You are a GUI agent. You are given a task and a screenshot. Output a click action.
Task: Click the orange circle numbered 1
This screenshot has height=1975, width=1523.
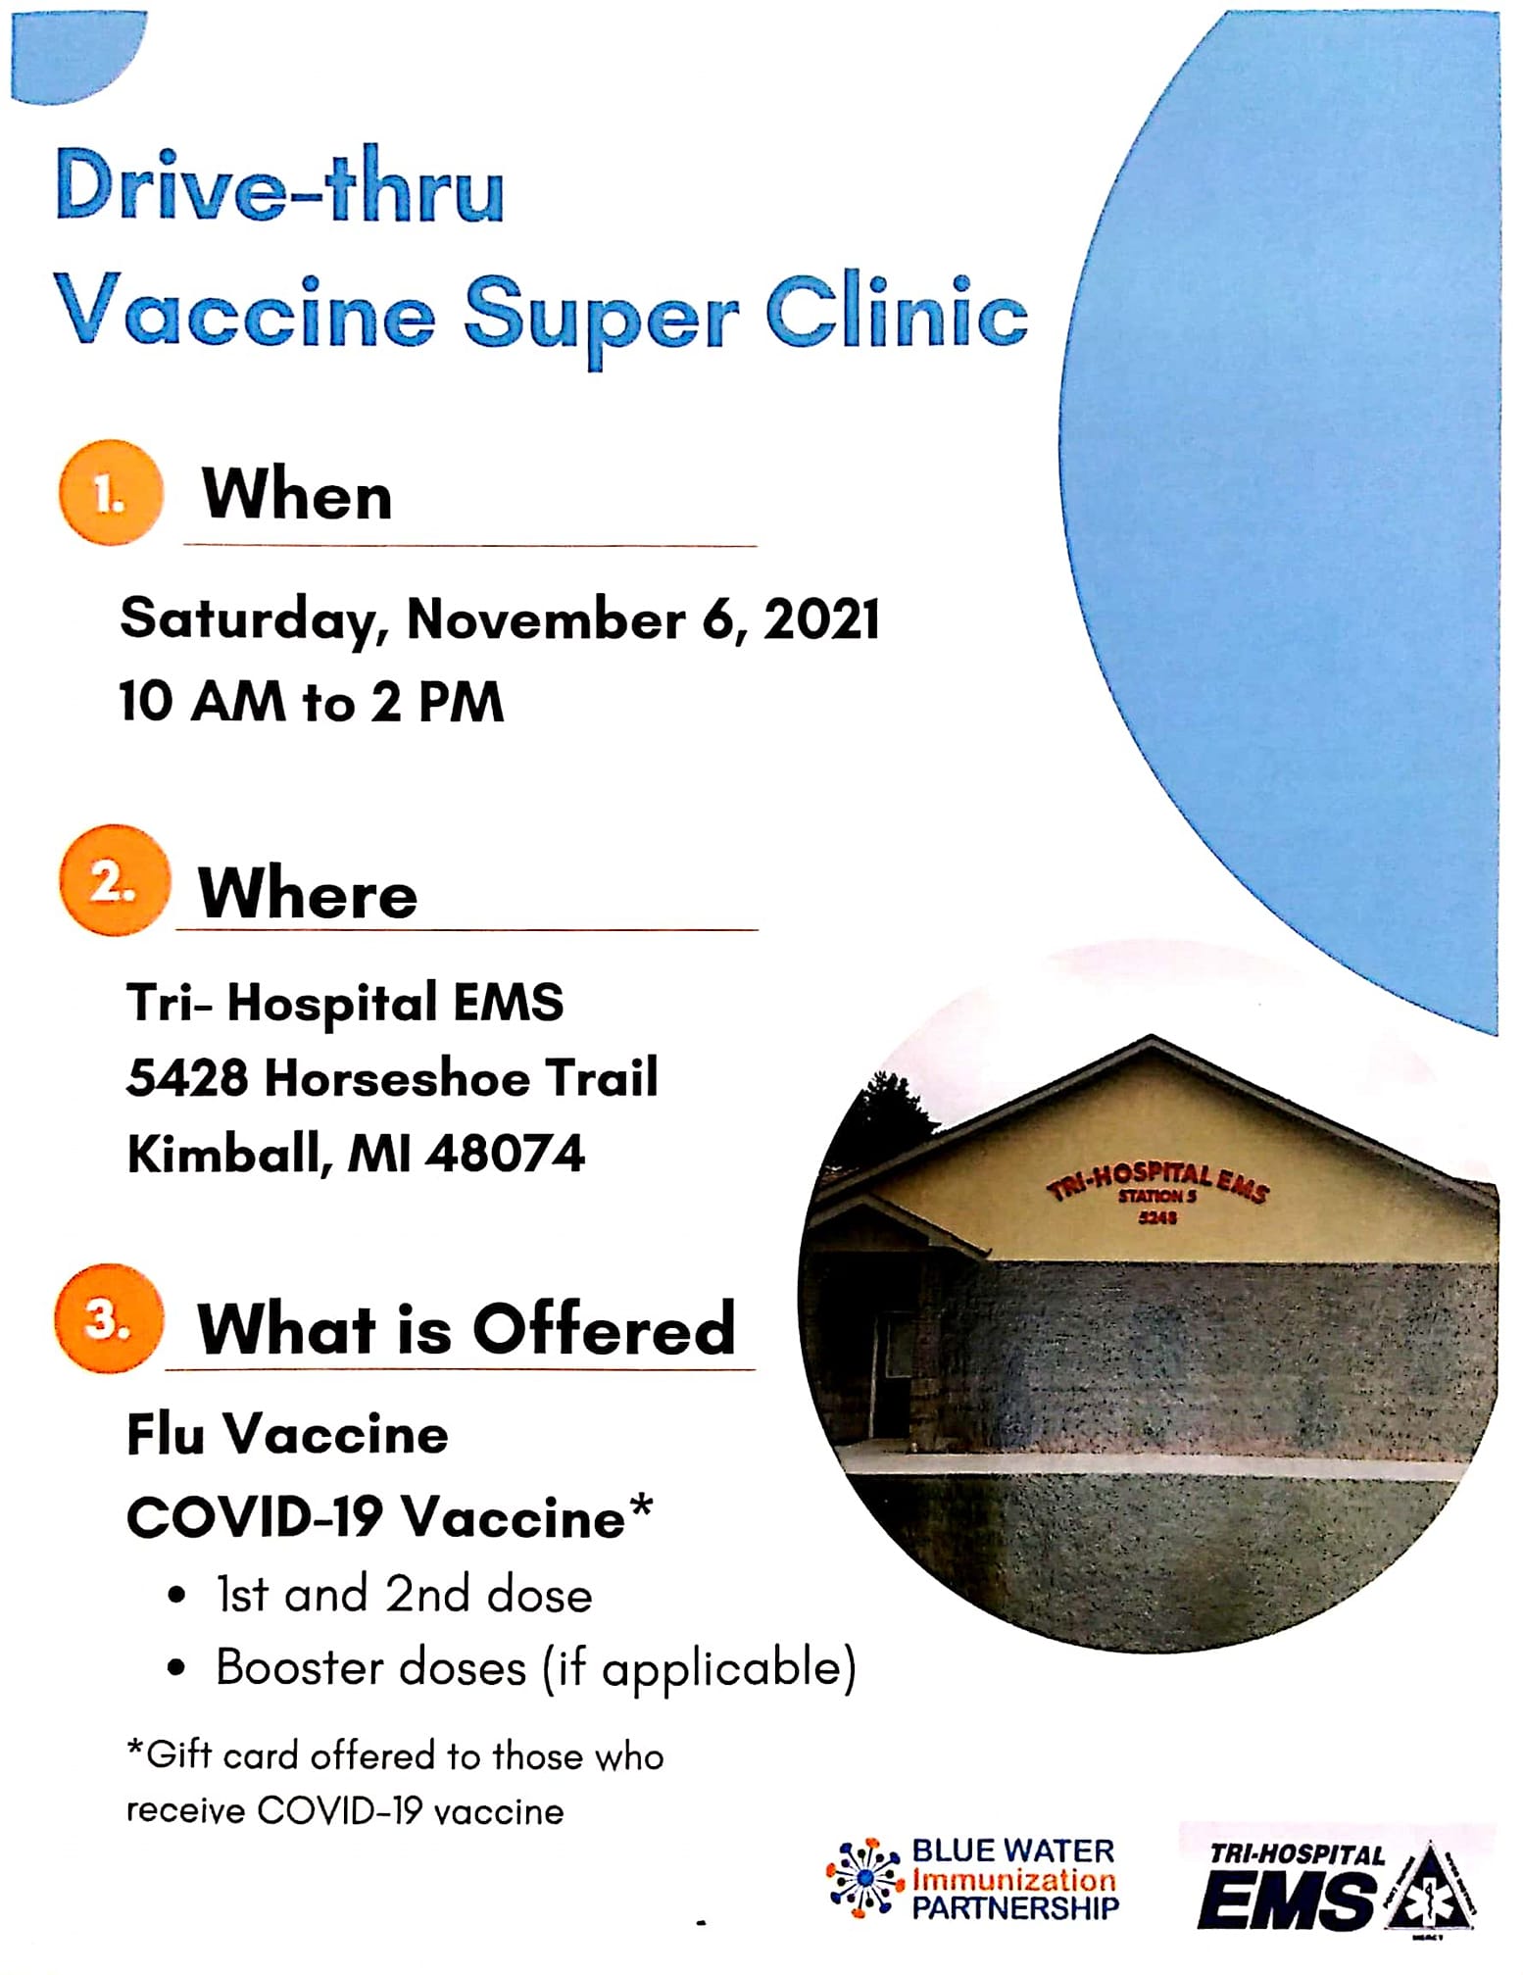click(x=110, y=493)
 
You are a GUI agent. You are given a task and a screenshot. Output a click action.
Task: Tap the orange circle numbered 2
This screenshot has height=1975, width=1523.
click(x=114, y=880)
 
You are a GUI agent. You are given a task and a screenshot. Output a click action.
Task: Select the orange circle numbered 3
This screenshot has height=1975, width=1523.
click(x=109, y=1318)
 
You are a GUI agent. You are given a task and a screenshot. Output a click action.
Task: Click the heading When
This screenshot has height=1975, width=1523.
click(x=297, y=494)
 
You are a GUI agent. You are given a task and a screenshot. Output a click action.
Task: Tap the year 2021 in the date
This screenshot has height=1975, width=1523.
click(x=821, y=619)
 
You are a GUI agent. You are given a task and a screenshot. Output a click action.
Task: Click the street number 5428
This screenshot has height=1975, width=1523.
click(x=187, y=1078)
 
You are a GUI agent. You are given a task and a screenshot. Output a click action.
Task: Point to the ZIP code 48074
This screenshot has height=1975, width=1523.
click(x=506, y=1153)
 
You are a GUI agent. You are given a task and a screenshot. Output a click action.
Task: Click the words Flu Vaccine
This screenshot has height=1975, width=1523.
click(x=287, y=1434)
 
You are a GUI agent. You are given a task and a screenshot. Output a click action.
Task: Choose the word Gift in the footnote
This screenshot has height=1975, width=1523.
click(x=179, y=1754)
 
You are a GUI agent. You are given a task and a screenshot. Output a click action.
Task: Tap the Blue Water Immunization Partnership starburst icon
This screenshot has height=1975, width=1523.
click(x=864, y=1878)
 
